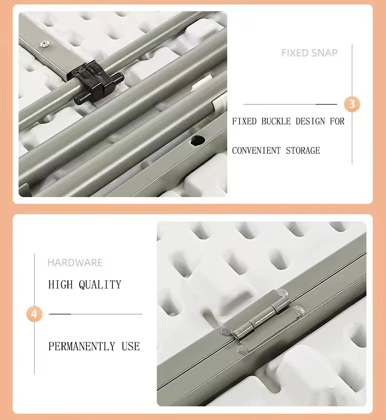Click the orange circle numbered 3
tap(352, 104)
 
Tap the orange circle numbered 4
tap(34, 314)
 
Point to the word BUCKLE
tap(276, 121)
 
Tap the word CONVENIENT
tap(256, 151)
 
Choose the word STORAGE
tap(303, 151)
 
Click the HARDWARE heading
tap(75, 262)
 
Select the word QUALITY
tap(100, 284)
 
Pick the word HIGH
tap(61, 284)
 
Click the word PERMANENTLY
tap(82, 346)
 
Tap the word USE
tap(130, 346)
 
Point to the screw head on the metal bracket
tap(43, 44)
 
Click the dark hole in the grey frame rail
tap(198, 140)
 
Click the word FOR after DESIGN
tap(337, 121)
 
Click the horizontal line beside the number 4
tap(95, 314)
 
